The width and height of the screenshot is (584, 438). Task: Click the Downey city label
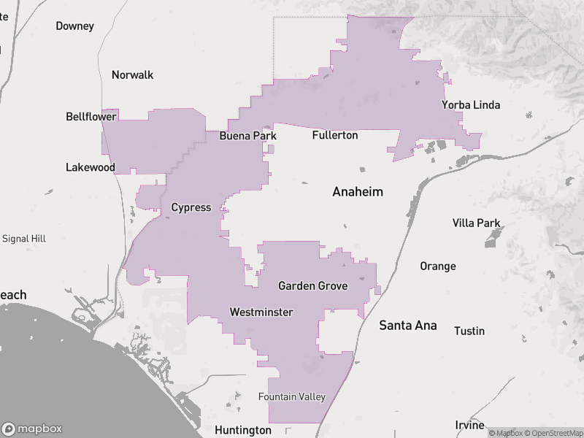point(74,26)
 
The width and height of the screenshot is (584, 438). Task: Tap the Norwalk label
point(132,75)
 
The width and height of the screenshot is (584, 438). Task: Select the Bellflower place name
point(91,117)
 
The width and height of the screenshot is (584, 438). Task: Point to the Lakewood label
point(91,167)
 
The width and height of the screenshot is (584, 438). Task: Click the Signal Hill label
point(24,239)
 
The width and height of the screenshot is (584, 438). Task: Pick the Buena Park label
point(248,136)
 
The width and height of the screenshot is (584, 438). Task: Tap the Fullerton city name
point(335,135)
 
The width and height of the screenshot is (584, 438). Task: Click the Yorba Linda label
point(471,105)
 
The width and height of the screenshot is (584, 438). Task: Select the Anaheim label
point(358,192)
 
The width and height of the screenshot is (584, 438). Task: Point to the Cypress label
point(191,207)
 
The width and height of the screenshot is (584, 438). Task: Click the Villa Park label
point(477,223)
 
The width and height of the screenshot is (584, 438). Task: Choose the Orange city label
point(438,266)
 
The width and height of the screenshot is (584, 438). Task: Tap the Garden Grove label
point(312,285)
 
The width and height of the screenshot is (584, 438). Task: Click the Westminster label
point(261,312)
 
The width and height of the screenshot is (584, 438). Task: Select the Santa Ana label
point(408,326)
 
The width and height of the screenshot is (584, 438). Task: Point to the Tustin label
point(469,331)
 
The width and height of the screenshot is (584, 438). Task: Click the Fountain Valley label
point(292,396)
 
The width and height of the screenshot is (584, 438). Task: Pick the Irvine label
point(469,425)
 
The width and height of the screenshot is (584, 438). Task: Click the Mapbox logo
point(32,429)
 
